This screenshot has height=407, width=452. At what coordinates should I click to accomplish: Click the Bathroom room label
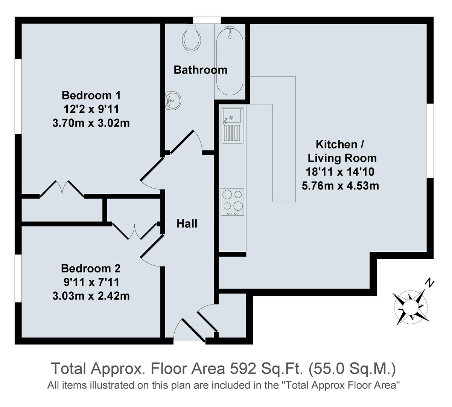point(200,70)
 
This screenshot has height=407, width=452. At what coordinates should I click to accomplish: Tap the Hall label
point(187,224)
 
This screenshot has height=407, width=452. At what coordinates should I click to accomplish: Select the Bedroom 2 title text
point(91,269)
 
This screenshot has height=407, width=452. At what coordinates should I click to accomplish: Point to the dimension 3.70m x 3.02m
point(91,123)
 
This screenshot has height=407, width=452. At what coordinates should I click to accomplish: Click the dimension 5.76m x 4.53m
point(340,185)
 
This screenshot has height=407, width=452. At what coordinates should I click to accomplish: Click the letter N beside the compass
point(429,282)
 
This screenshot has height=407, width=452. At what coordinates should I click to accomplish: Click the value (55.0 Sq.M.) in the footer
point(352,368)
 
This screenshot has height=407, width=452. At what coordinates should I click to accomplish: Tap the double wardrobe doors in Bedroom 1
point(62,189)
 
